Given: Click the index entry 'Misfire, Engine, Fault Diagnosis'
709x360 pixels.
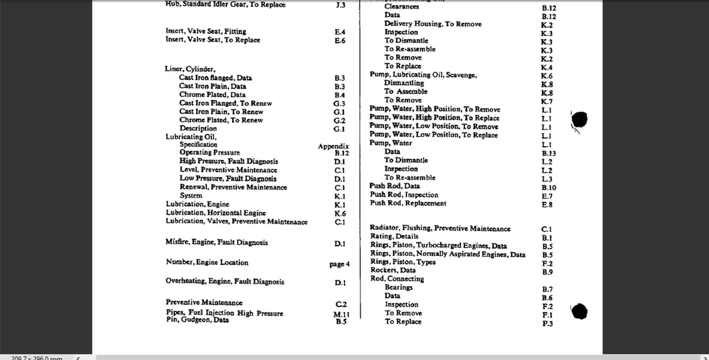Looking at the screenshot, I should (217, 242).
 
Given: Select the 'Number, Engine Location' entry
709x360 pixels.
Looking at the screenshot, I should (207, 262).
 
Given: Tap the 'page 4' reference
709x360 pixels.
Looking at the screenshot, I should (340, 264).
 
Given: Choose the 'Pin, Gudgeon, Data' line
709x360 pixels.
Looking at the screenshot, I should (197, 320).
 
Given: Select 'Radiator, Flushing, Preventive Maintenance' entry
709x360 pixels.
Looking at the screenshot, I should (440, 228).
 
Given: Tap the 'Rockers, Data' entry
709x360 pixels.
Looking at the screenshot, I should (393, 271).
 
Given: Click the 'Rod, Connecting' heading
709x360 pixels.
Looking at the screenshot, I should (397, 279).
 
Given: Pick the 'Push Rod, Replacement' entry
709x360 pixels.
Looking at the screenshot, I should (408, 203).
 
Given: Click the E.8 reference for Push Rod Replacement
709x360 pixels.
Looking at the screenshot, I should (547, 205).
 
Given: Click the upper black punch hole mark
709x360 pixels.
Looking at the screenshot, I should (580, 119).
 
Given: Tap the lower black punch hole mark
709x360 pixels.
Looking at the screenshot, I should (580, 310).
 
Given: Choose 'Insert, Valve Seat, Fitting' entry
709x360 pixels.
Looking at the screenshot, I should (206, 31).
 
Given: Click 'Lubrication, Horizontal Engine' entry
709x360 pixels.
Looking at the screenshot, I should (216, 213).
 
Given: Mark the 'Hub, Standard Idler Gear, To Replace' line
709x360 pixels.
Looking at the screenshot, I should (226, 5).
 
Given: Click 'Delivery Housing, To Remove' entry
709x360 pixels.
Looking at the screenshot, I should (432, 24).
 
